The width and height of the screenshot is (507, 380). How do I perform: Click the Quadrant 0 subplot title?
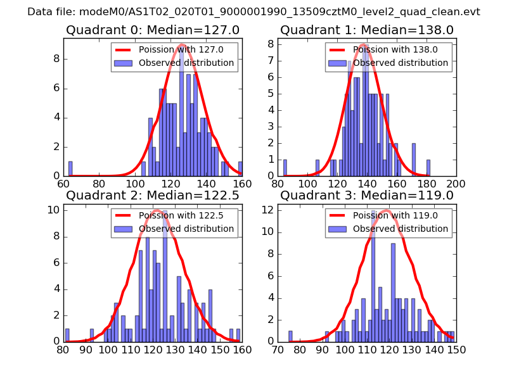[x=152, y=30]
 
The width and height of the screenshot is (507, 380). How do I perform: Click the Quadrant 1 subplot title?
[x=367, y=30]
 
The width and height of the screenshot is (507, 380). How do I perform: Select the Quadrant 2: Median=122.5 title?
[x=152, y=195]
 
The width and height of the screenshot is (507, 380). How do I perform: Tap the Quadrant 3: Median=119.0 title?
[x=367, y=195]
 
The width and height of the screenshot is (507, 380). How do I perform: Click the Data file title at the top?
[x=253, y=12]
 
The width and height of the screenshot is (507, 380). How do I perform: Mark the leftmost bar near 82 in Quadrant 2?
[x=67, y=334]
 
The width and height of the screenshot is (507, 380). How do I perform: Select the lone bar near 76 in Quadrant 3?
[x=290, y=336]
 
